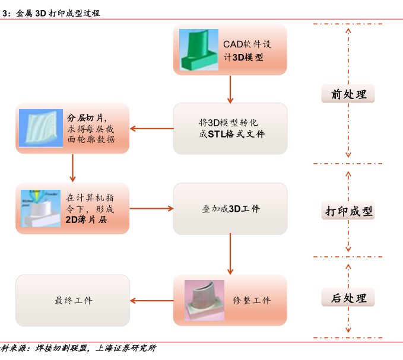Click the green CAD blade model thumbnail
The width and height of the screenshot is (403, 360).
(x=197, y=50)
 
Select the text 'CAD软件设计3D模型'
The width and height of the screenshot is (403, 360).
(x=247, y=50)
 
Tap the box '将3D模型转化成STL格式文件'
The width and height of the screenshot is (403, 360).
(x=230, y=129)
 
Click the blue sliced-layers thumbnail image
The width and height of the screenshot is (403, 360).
(x=40, y=129)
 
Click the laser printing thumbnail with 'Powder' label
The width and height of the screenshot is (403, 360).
(x=40, y=208)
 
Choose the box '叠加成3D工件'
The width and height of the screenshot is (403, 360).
(x=230, y=209)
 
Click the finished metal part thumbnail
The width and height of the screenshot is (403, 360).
(x=204, y=300)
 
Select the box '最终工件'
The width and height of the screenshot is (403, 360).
(x=72, y=301)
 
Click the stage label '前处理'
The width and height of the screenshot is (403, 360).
(x=348, y=94)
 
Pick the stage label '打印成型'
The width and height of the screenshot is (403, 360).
(x=348, y=211)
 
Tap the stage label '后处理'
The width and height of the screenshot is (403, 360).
(x=348, y=298)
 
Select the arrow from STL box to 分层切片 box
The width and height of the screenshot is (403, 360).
(x=151, y=129)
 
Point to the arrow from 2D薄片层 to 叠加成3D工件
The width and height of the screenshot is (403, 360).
(x=151, y=208)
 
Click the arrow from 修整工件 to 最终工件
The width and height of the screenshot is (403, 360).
(x=151, y=301)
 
